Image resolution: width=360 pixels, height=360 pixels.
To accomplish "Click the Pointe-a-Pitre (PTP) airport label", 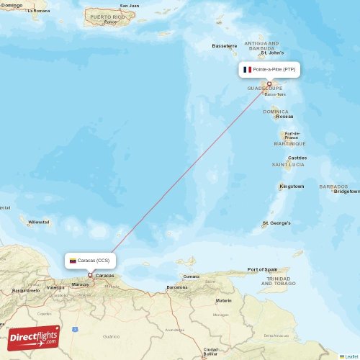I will click(274, 69).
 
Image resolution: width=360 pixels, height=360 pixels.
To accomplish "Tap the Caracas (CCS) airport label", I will click(94, 260).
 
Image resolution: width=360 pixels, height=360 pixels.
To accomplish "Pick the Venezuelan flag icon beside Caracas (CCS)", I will click(73, 260).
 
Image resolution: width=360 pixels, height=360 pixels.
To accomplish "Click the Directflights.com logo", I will click(33, 336).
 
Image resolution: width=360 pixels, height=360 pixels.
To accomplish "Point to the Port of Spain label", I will click(262, 269).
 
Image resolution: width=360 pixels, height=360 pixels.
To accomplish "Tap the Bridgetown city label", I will click(346, 192).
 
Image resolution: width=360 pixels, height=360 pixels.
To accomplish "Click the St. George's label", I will click(276, 223).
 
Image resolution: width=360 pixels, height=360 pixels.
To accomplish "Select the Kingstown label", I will click(292, 186).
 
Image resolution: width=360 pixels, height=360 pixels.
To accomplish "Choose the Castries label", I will click(297, 158).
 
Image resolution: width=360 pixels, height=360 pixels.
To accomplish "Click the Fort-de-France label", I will click(292, 135).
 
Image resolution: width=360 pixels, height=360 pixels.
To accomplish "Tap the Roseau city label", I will click(284, 116).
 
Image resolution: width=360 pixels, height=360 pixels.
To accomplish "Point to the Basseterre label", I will click(224, 46).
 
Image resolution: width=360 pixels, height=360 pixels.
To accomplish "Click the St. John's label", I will click(273, 53).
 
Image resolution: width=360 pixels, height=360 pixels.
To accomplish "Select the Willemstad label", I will click(39, 222).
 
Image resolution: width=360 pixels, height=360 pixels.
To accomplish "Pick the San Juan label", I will click(130, 6).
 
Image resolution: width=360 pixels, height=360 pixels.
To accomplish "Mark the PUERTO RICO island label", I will click(107, 16).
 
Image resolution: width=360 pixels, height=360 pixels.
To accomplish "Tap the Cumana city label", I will click(192, 276).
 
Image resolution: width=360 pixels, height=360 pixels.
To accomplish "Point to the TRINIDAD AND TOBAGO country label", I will click(279, 281).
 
